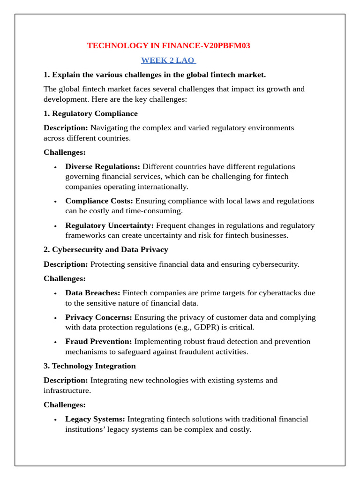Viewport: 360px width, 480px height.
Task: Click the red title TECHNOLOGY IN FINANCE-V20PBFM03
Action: tap(168, 45)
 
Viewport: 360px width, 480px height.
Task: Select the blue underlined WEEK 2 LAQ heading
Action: tap(168, 60)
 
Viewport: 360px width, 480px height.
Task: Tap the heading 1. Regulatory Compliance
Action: tap(90, 113)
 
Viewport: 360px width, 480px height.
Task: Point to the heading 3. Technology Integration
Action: tap(90, 366)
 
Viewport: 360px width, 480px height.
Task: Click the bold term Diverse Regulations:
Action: tap(103, 166)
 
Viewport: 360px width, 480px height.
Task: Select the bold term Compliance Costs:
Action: tap(99, 201)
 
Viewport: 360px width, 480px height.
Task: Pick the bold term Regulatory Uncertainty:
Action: tap(109, 225)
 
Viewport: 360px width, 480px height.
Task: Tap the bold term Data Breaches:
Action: tap(93, 292)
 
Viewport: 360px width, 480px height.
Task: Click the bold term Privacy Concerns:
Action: tap(98, 317)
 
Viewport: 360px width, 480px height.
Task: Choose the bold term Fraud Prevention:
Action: tap(98, 341)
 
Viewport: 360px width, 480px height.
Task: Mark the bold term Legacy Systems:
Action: tap(95, 419)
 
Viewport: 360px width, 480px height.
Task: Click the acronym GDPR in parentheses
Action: tap(211, 327)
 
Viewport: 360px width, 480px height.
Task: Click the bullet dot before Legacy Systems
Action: tap(55, 420)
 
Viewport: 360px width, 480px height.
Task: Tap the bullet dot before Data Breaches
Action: tap(55, 293)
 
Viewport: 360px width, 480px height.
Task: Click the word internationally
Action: tap(164, 187)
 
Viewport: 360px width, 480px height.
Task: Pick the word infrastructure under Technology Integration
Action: tap(67, 390)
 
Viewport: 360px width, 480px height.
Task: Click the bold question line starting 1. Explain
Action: tap(155, 75)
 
